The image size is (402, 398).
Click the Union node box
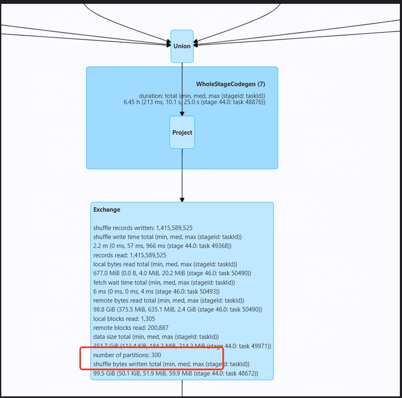coord(182,46)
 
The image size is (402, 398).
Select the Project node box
coord(182,132)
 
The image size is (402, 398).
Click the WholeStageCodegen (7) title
coord(230,84)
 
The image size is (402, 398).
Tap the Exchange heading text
coord(107,209)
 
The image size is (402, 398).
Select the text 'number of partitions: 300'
coord(127,355)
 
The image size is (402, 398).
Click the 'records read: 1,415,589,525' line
coord(130,255)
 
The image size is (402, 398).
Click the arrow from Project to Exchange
coord(182,175)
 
